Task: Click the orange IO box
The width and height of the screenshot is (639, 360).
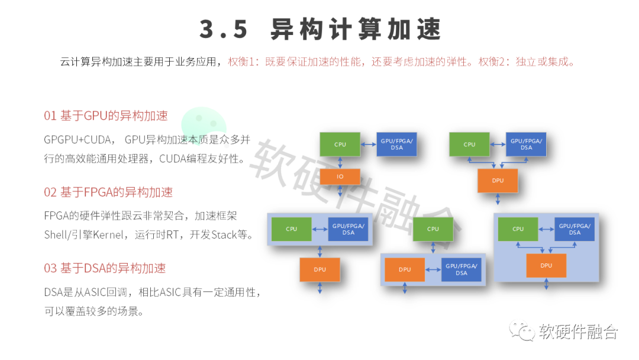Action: (x=340, y=176)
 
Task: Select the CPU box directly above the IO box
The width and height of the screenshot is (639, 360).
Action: (x=340, y=144)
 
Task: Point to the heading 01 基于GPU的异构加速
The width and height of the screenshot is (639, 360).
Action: (x=106, y=115)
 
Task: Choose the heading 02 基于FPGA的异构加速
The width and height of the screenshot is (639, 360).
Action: (x=108, y=192)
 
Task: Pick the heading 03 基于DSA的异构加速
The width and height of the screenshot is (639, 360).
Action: (x=105, y=268)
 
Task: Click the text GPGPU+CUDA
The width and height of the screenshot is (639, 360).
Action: (x=78, y=140)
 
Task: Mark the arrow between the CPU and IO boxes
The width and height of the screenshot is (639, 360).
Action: (x=340, y=162)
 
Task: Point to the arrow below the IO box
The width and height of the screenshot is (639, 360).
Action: (x=340, y=191)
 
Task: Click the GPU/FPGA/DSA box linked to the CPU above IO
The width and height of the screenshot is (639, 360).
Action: (x=396, y=144)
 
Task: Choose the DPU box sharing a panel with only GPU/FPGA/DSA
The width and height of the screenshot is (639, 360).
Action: (x=405, y=269)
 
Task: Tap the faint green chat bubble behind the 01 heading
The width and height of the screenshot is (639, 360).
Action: (x=204, y=123)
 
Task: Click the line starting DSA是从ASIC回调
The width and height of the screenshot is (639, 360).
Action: (x=152, y=292)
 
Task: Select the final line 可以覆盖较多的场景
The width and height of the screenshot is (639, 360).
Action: (x=94, y=311)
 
